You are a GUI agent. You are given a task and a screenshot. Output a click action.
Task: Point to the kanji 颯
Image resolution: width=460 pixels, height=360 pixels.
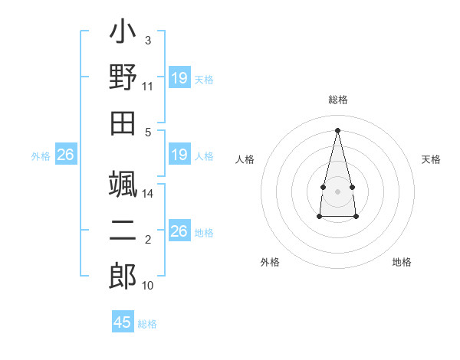[x=123, y=185]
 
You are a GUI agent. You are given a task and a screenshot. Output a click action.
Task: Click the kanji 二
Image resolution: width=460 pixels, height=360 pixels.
[x=123, y=231]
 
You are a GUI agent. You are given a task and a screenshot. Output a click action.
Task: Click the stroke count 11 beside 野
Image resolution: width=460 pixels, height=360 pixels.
[x=148, y=87]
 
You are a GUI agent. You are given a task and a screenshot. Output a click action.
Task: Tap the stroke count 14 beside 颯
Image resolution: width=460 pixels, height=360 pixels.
[x=148, y=194]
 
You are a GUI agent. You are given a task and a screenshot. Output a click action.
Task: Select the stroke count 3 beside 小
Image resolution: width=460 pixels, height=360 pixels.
[x=148, y=40]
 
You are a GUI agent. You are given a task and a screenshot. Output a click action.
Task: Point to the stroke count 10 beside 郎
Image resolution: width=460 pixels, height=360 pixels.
[x=148, y=286]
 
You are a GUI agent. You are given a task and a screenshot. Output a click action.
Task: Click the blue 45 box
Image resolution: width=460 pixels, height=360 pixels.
[x=123, y=322]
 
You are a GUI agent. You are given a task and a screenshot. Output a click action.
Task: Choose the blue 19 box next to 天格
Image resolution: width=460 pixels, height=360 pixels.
[x=179, y=78]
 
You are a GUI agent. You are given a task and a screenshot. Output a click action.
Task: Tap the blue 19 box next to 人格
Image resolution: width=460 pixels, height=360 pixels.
[x=179, y=155]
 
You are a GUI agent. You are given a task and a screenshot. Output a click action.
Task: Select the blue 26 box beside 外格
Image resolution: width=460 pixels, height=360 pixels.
[x=66, y=155]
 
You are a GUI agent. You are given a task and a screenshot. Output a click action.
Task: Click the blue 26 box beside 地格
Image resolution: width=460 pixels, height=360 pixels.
[x=179, y=231]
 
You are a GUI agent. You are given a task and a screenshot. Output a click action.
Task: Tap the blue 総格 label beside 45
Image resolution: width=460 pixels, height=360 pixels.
[x=148, y=324]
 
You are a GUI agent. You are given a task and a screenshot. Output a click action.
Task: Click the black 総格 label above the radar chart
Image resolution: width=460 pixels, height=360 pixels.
[x=338, y=100]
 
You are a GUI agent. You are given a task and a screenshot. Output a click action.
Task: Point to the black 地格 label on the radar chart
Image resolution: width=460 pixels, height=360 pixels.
[x=402, y=262]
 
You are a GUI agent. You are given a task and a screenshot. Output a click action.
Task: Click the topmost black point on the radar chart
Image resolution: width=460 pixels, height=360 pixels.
[x=338, y=129]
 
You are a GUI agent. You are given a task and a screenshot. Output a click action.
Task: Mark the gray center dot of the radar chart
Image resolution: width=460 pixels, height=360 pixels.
[x=338, y=191]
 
